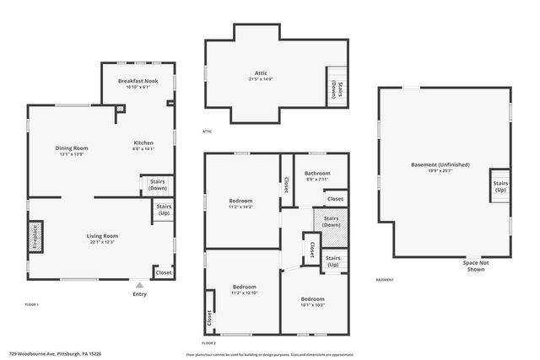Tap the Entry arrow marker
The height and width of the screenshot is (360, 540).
click(139, 286)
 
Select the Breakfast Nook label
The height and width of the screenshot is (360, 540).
click(138, 81)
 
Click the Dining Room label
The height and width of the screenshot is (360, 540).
click(73, 148)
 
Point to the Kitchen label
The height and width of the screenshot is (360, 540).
click(143, 143)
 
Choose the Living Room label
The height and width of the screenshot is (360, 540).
click(102, 236)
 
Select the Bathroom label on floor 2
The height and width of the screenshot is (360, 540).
click(317, 174)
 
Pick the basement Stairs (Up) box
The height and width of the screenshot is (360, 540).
click(500, 185)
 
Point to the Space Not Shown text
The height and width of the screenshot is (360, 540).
click(474, 266)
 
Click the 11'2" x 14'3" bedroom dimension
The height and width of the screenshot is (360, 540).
click(241, 207)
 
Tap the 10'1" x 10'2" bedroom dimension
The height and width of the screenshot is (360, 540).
click(312, 305)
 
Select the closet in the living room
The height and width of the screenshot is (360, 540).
click(164, 272)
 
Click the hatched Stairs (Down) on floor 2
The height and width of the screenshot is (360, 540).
click(331, 222)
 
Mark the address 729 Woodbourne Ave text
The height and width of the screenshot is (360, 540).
click(51, 354)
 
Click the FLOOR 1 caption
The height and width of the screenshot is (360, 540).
click(32, 304)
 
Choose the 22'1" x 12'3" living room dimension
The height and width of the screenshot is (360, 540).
click(102, 243)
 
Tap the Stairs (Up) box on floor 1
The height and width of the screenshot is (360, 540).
click(163, 211)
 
